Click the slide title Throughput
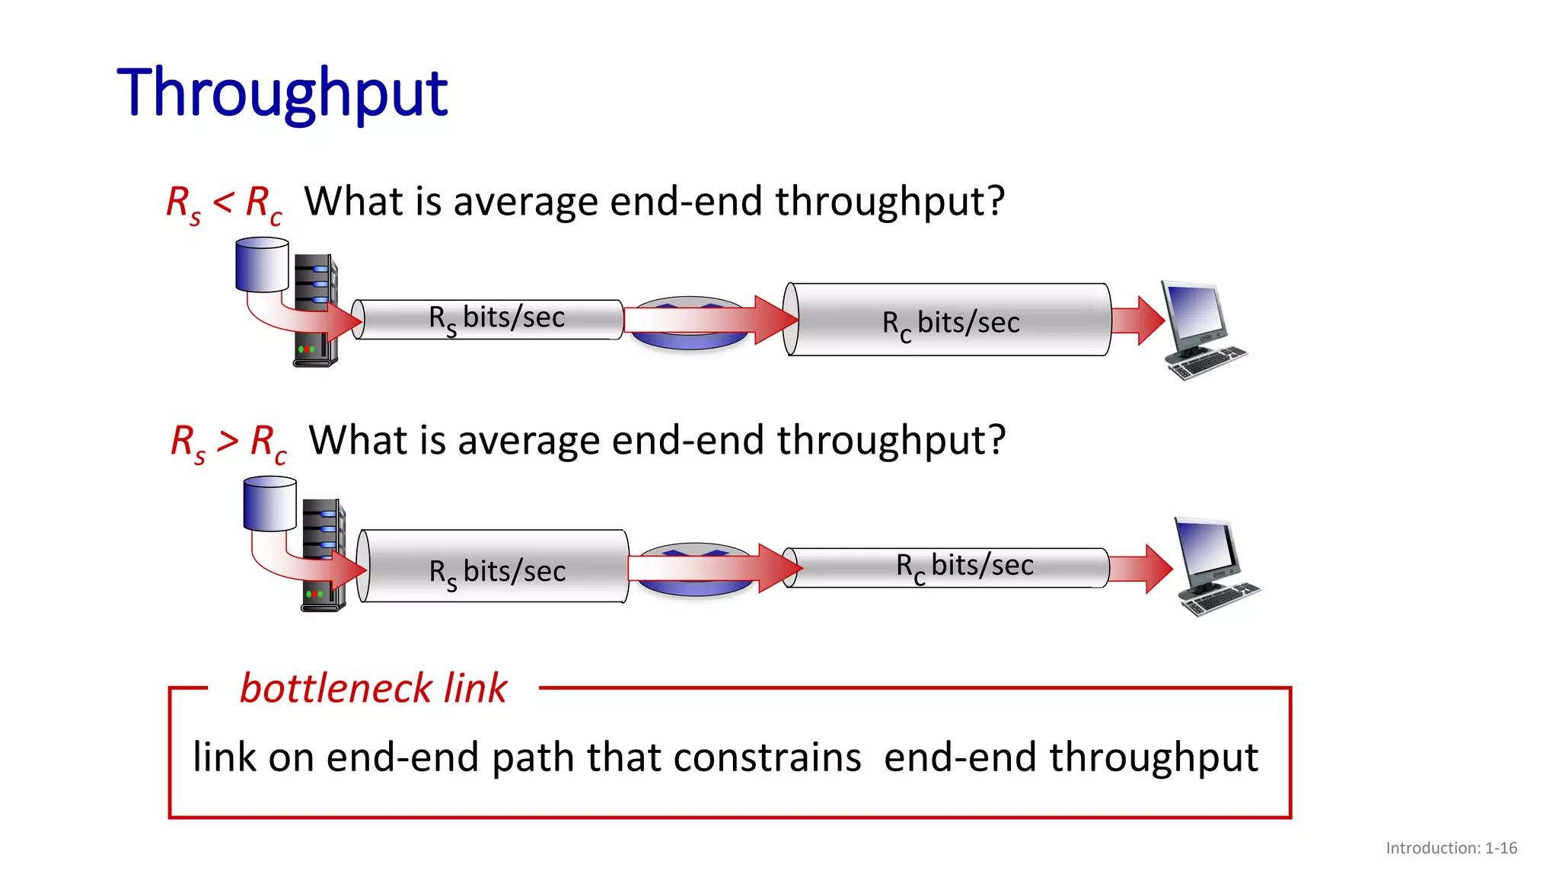click(x=282, y=93)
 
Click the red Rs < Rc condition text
click(x=224, y=204)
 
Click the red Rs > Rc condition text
click(x=228, y=442)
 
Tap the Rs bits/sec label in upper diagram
click(x=496, y=318)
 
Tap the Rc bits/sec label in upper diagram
click(x=950, y=323)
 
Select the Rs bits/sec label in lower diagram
click(x=497, y=572)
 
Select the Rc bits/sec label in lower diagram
click(x=964, y=566)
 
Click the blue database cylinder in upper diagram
click(x=262, y=265)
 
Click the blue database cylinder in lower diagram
click(x=269, y=504)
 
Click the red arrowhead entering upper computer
click(x=1150, y=321)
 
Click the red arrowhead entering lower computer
click(x=1158, y=569)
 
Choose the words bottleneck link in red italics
click(x=373, y=688)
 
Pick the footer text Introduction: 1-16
click(x=1451, y=848)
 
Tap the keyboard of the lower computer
click(x=1221, y=599)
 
